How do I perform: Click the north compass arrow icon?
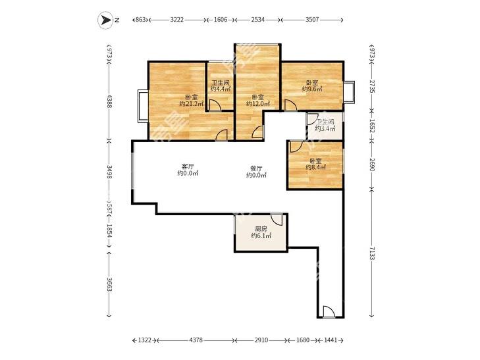105,20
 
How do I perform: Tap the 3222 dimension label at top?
177,20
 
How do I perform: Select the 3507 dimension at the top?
312,20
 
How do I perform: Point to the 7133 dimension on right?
371,253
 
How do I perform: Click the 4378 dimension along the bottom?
196,340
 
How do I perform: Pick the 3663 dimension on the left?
109,284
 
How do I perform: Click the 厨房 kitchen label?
261,229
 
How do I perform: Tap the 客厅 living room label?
188,167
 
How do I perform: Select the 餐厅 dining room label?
256,168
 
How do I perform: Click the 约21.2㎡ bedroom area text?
192,104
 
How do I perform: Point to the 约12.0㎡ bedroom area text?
258,104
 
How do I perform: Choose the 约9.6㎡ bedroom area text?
312,89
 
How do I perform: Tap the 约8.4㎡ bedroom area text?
315,167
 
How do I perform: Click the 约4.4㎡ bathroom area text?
221,89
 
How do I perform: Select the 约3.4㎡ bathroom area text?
325,129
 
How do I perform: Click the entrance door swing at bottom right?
329,312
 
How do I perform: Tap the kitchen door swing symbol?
277,220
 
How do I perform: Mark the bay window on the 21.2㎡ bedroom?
143,106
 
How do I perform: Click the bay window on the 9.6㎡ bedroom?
349,91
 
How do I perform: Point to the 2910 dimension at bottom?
261,340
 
